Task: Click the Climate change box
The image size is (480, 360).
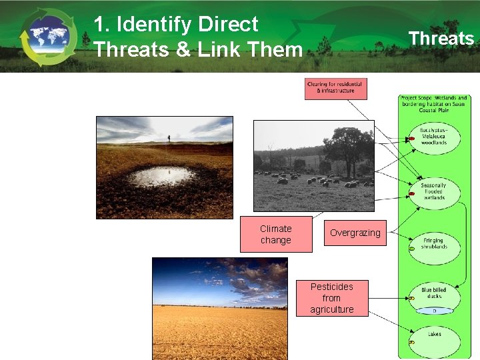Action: point(275,234)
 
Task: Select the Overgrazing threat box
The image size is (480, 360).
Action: point(355,233)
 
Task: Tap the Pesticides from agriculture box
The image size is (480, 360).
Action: point(331,297)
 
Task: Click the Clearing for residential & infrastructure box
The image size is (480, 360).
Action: point(335,88)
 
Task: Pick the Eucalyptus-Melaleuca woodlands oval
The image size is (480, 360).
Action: point(433,138)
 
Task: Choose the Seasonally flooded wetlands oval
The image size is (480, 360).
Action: point(433,191)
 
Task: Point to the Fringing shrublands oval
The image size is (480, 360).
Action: point(433,243)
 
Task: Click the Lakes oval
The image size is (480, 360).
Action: point(433,335)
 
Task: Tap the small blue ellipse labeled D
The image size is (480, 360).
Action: point(434,311)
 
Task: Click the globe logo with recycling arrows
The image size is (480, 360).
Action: point(47,37)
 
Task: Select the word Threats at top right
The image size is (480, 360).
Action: point(441,38)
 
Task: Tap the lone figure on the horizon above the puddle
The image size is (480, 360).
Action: point(169,139)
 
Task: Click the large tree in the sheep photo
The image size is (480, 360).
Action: point(349,149)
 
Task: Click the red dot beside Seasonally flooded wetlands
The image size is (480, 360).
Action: point(412,194)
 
